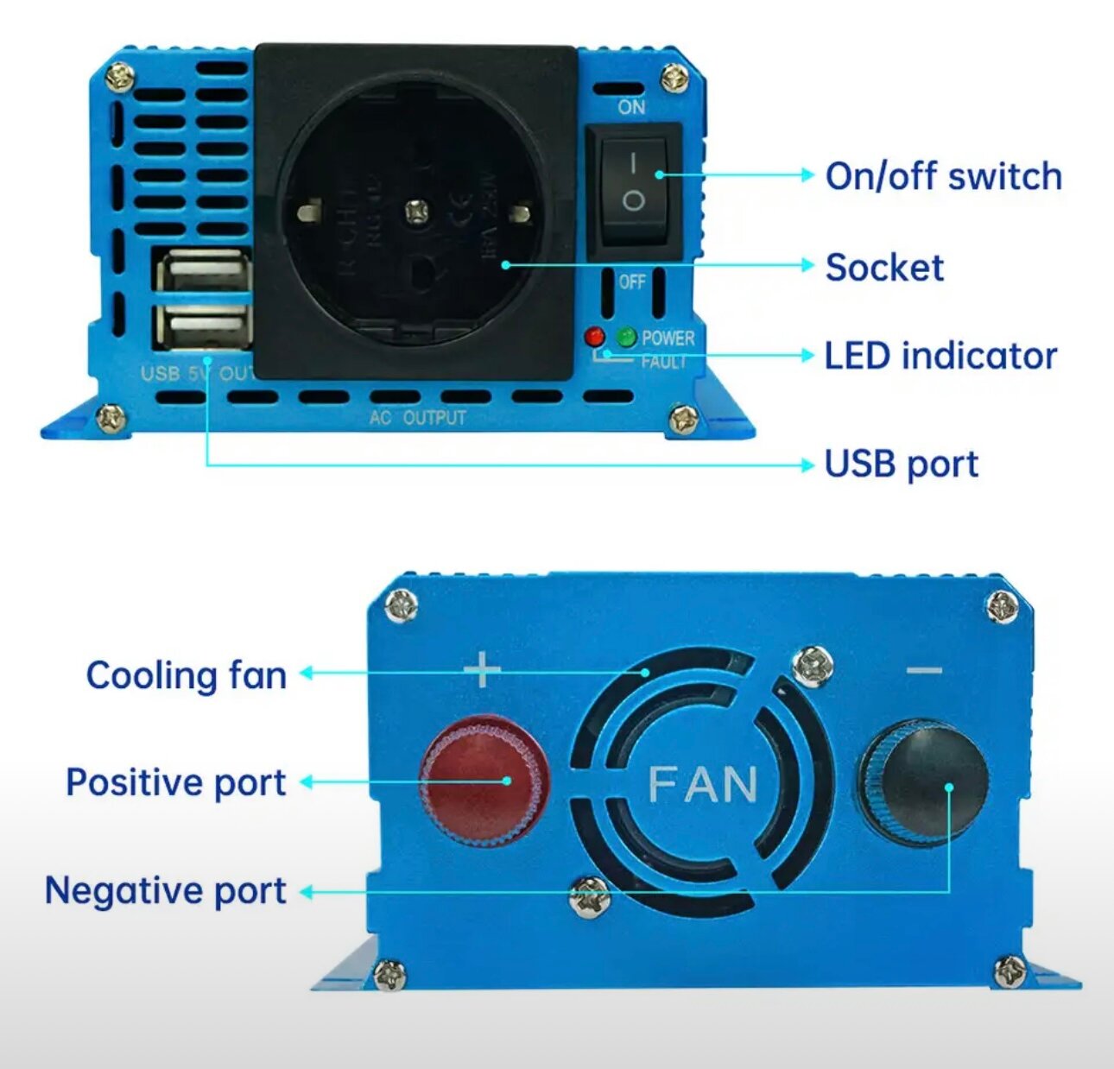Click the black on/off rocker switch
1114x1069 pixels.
[634, 187]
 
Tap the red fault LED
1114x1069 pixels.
[594, 337]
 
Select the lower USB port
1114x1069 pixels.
[205, 327]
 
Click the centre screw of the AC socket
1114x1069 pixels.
[418, 209]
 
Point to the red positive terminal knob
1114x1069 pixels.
[484, 779]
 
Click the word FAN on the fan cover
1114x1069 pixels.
[703, 785]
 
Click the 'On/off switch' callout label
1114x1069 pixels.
[943, 176]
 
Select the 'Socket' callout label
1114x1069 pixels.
[884, 267]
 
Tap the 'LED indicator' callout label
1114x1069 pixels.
[940, 356]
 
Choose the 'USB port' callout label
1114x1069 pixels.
[902, 464]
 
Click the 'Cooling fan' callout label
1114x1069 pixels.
[187, 674]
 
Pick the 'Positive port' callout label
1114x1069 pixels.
[175, 782]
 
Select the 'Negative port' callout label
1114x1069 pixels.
[165, 890]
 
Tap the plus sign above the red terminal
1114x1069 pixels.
[482, 669]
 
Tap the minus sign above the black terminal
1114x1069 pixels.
[924, 670]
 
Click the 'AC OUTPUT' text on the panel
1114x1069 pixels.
[418, 418]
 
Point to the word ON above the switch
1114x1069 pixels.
[631, 107]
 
